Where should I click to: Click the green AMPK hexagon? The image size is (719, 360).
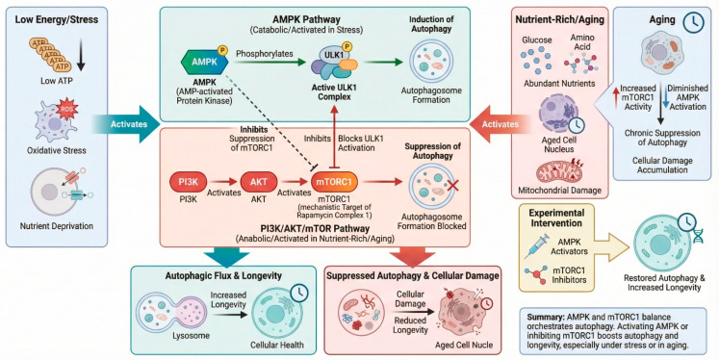[205, 62]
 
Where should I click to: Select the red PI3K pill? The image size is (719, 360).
[188, 182]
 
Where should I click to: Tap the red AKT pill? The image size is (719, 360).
[259, 182]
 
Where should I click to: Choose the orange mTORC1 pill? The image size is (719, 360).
[335, 182]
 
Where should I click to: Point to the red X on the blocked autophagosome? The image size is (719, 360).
[453, 186]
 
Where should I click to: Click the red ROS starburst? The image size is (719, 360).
[67, 109]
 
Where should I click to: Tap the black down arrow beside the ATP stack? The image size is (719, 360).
[81, 56]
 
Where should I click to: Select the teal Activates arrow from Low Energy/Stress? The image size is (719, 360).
[125, 124]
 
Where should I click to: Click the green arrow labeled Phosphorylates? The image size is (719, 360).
[270, 63]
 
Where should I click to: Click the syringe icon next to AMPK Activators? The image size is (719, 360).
[536, 245]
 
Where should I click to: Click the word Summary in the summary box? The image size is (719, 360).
[544, 317]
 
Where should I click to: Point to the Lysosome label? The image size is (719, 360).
[192, 336]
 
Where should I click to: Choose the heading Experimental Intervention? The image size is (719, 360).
[556, 219]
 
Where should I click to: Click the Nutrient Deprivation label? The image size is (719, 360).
[57, 226]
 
